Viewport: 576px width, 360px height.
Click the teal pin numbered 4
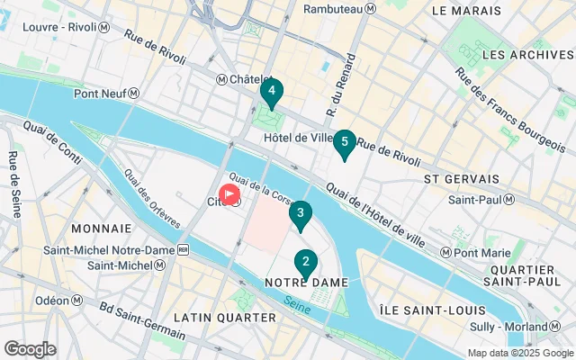coord(271,91)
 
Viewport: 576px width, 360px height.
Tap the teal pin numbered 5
coord(344,142)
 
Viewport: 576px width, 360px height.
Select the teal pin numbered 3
coord(300,214)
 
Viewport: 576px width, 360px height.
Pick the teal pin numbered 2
coord(306,263)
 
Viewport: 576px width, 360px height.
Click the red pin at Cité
coord(230,193)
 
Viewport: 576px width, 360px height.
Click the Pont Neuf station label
coord(107,93)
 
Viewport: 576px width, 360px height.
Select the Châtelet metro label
coord(244,80)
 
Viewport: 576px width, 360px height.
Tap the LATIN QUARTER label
coord(224,318)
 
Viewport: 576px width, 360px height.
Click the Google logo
coord(30,348)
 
